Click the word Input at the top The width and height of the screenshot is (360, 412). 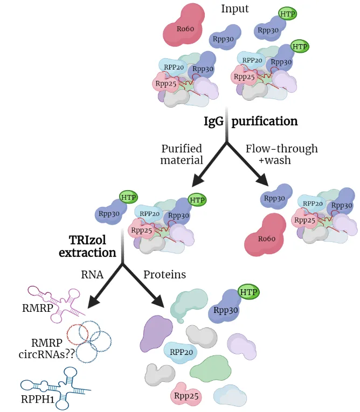pos(234,9)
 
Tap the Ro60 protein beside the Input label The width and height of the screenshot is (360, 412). pos(184,25)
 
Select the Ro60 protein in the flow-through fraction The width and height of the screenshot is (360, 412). pos(265,235)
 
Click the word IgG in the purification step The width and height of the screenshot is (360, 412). pos(213,122)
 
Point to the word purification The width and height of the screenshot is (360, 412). pos(265,122)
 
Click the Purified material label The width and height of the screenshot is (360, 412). pos(182,154)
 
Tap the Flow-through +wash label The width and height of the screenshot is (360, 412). pos(282,154)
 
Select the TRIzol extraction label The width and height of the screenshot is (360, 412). pos(87,246)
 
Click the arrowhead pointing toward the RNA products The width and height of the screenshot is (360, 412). pos(94,302)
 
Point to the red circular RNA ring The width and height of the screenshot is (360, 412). pos(77,334)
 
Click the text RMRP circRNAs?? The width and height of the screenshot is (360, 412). pos(47,348)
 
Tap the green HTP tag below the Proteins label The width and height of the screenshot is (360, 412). pos(248,292)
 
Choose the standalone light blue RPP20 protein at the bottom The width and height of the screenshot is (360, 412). pos(181,352)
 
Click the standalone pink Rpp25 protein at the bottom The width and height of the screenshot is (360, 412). pos(186,395)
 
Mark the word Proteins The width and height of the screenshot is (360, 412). pos(164,275)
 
